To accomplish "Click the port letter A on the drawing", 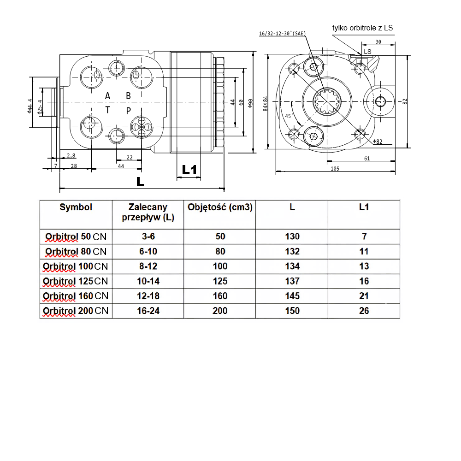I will click(107, 96).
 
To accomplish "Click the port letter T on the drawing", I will click(107, 110).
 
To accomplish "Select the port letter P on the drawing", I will click(129, 110).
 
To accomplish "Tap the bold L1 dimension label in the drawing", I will click(189, 170).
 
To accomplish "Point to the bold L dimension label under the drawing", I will click(140, 181).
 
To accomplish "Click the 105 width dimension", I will click(335, 169).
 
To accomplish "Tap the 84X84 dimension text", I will click(266, 104).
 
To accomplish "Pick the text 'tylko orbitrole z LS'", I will click(363, 28).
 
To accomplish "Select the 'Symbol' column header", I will click(76, 207).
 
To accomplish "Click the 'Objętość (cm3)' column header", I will click(220, 207).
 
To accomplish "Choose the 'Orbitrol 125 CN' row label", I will click(76, 281).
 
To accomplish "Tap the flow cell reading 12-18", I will click(148, 296).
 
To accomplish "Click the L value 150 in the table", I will click(292, 311).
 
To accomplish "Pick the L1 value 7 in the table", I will click(364, 236).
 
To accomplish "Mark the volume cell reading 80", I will click(220, 252).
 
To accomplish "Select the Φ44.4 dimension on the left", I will click(30, 106).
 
